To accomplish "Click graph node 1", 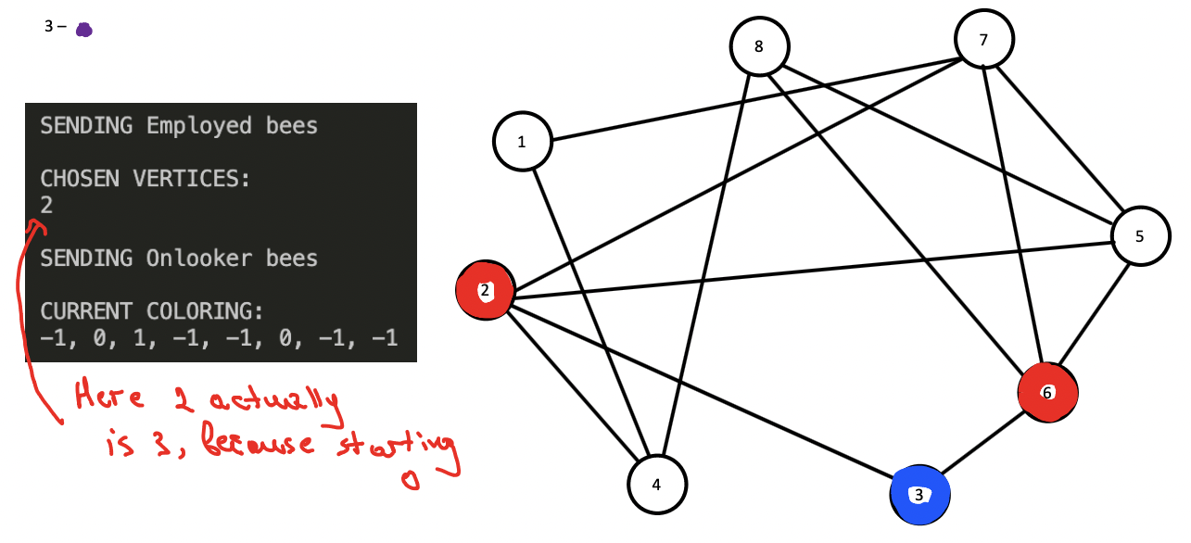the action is [522, 142].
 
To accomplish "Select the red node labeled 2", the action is [485, 291].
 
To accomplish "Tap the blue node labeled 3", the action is [919, 495].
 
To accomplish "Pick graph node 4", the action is [657, 484].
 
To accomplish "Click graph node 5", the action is [1139, 236].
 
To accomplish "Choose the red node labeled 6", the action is [1046, 392].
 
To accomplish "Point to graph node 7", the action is [983, 40].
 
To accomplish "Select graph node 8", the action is [759, 45].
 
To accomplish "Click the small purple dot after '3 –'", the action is [83, 30].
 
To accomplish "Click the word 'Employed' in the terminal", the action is [198, 125].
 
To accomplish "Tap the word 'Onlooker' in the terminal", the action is [198, 258].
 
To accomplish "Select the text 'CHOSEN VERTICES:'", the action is [145, 179].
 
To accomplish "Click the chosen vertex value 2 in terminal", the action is [46, 205].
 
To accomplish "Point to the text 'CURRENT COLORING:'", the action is [152, 310].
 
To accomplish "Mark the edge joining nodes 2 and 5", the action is [806, 267].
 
